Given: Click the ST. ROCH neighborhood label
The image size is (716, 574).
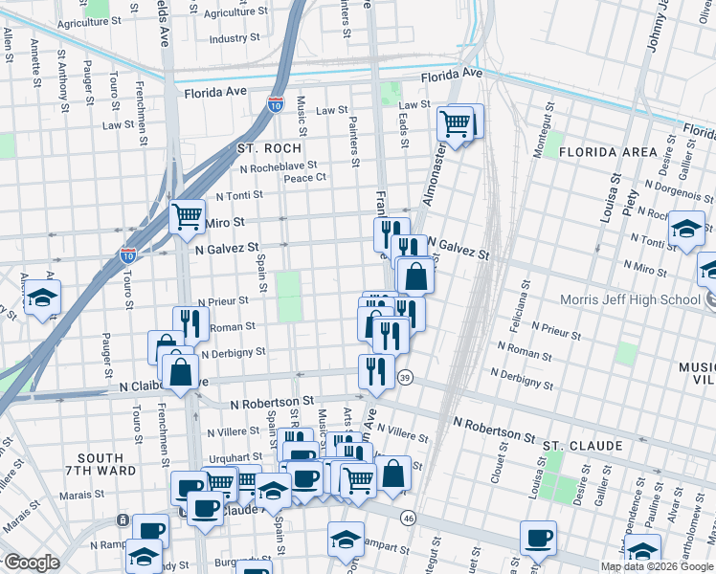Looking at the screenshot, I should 269,148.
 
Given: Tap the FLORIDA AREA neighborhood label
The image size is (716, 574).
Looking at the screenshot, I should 608,152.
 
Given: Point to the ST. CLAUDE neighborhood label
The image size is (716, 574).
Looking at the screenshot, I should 582,446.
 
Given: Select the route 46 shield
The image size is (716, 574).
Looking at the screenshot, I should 409,518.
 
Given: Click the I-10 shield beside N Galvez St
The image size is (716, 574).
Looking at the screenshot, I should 128,254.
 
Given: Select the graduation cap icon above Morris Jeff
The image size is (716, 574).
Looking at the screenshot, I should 686,229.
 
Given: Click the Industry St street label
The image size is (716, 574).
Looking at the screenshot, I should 235,39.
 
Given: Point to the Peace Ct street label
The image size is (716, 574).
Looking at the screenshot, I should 305,177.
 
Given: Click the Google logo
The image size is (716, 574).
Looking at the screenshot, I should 32,563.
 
